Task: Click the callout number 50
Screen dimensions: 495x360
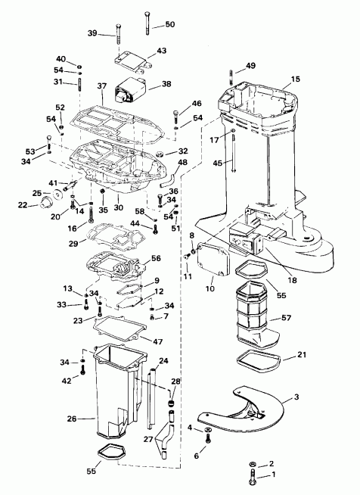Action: click(169, 25)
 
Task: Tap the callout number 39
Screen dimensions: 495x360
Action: click(93, 33)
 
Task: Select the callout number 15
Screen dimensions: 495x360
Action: click(295, 79)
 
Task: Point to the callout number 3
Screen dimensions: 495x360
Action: click(296, 397)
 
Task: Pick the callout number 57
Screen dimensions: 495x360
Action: click(286, 319)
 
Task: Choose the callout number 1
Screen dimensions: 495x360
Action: click(275, 475)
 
